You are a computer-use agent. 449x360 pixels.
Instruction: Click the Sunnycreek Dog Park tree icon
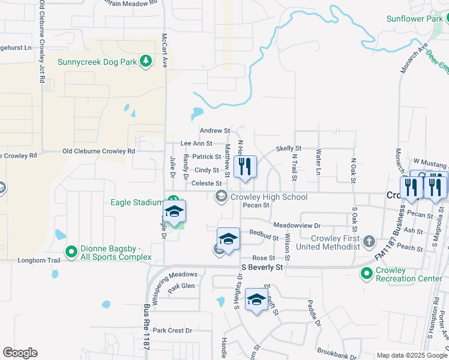[145, 61]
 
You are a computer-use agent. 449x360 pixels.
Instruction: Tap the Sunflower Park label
[413, 19]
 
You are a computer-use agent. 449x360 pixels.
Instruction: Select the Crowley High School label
[269, 197]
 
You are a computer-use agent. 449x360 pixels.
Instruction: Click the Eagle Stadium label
[137, 202]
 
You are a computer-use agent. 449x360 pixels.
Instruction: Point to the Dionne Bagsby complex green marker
[71, 251]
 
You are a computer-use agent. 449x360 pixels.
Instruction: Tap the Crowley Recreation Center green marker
[366, 274]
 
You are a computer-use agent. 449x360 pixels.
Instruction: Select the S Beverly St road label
[262, 267]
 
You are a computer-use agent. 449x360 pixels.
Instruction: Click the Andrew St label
[215, 130]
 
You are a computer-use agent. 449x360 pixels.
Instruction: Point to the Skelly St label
[288, 148]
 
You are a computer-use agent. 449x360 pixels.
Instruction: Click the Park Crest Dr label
[172, 331]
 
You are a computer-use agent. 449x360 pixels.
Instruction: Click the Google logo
[20, 353]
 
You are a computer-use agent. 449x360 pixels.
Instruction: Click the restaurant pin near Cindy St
[244, 166]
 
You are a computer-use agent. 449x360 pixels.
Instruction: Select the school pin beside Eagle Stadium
[175, 212]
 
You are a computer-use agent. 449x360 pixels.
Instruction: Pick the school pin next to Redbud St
[228, 239]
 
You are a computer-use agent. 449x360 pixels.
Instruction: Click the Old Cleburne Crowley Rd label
[98, 151]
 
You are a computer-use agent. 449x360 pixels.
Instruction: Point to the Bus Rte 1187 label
[146, 332]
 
